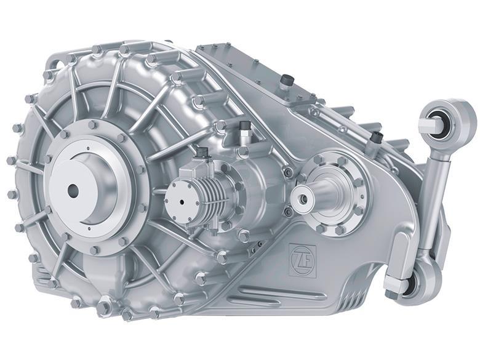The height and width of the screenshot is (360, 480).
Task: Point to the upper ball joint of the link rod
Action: coord(446,120)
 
